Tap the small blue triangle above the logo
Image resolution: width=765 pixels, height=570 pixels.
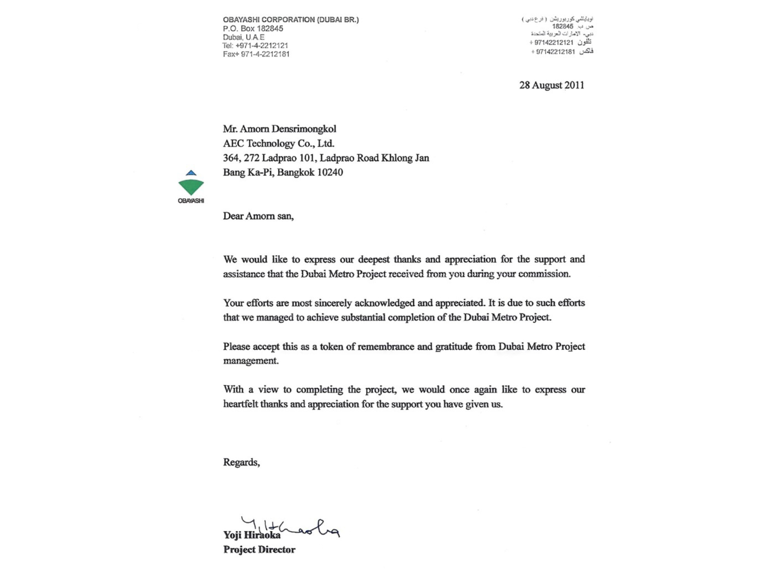click(x=191, y=173)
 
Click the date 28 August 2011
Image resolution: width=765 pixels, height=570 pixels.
click(x=551, y=85)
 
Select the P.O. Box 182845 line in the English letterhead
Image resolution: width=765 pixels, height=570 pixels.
click(x=253, y=28)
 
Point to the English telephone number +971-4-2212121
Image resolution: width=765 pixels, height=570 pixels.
click(x=262, y=45)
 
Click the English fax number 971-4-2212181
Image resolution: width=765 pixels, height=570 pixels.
click(x=265, y=54)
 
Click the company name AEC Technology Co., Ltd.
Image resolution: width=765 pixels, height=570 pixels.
click(x=279, y=143)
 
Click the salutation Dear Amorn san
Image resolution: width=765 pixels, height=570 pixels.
click(x=258, y=216)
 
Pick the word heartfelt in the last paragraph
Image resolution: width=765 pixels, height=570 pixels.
click(x=240, y=404)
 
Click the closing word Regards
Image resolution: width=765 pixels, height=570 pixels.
click(x=241, y=462)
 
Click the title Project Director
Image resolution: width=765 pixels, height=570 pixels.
click(x=259, y=550)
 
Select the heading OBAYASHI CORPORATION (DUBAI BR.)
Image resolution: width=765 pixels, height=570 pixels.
click(x=291, y=20)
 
